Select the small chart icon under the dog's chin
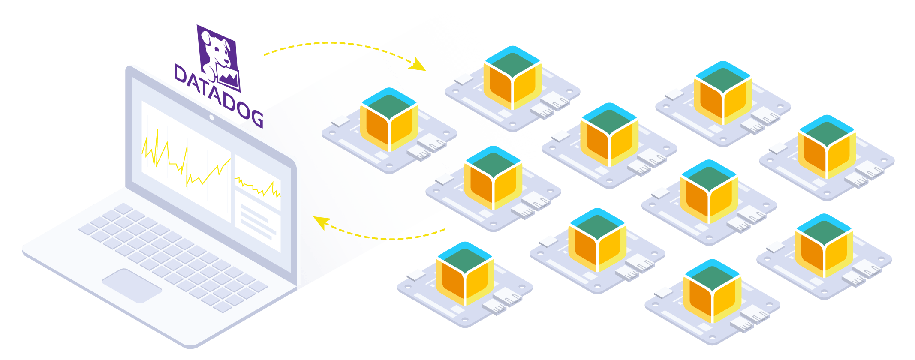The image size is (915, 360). [x=229, y=77]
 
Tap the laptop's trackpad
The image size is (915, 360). [x=131, y=285]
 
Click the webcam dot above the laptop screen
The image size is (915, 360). [x=211, y=117]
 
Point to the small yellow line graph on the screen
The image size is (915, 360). [x=257, y=187]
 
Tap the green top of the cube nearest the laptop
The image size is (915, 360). [x=389, y=104]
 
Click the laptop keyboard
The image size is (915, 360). [x=172, y=253]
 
